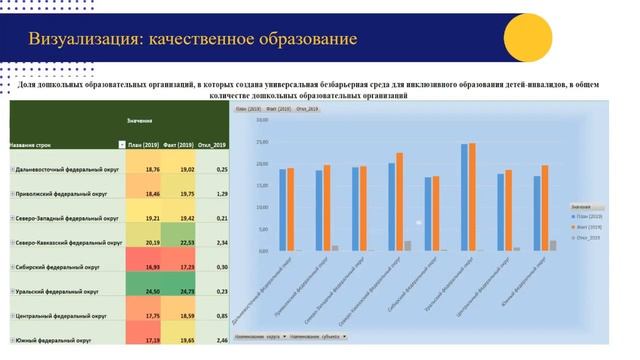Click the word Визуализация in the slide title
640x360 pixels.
pyautogui.click(x=84, y=40)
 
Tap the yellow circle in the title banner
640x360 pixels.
pyautogui.click(x=527, y=38)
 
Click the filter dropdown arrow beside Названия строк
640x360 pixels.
pyautogui.click(x=122, y=145)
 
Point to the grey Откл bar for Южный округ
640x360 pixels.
pyautogui.click(x=553, y=245)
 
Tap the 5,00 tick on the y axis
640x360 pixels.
pyautogui.click(x=261, y=229)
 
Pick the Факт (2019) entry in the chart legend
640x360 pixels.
pyautogui.click(x=586, y=226)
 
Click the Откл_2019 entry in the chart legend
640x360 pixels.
pyautogui.click(x=586, y=237)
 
